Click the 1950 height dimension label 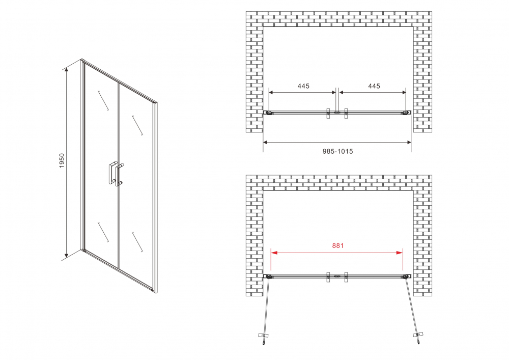pyautogui.click(x=62, y=161)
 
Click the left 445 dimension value pyautogui.click(x=303, y=86)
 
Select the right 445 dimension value pyautogui.click(x=374, y=86)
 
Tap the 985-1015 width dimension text pyautogui.click(x=337, y=151)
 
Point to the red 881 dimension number pyautogui.click(x=337, y=246)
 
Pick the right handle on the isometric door pyautogui.click(x=119, y=175)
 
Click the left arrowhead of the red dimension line pyautogui.click(x=274, y=252)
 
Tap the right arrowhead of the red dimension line pyautogui.click(x=400, y=252)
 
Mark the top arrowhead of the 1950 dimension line pyautogui.click(x=67, y=70)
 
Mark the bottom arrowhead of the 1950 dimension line pyautogui.click(x=67, y=253)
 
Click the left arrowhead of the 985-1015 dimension pyautogui.click(x=266, y=142)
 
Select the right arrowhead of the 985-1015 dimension pyautogui.click(x=408, y=142)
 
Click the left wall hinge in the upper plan pyautogui.click(x=268, y=113)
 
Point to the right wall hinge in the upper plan pyautogui.click(x=406, y=113)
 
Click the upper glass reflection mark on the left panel pyautogui.click(x=103, y=101)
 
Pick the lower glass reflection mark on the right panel pyautogui.click(x=137, y=241)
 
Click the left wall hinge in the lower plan pyautogui.click(x=268, y=276)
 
